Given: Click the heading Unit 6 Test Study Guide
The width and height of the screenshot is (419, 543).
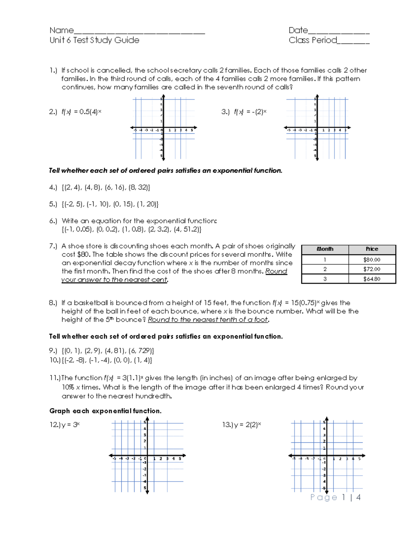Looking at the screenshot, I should point(94,40).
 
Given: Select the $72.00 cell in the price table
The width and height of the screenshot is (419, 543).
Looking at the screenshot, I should point(372,269).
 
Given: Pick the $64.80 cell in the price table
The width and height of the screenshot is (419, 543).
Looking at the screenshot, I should point(372,279).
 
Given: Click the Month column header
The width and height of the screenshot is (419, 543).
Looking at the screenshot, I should point(325,249).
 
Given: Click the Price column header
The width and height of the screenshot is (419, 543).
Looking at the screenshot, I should point(372,249).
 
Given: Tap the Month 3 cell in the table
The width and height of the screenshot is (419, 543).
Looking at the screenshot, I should point(325,279).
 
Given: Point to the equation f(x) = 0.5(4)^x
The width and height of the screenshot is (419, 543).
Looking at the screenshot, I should point(81,112).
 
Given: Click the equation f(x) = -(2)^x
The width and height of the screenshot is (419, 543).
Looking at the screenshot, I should point(250,112).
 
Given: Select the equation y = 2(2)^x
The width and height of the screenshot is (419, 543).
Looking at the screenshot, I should point(247,425).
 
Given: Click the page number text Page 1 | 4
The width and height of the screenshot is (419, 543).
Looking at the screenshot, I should point(335,497).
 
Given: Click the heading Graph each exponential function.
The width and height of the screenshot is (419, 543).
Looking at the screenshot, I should point(105,411).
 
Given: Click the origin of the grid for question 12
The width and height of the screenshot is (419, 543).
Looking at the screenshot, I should point(147,456).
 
